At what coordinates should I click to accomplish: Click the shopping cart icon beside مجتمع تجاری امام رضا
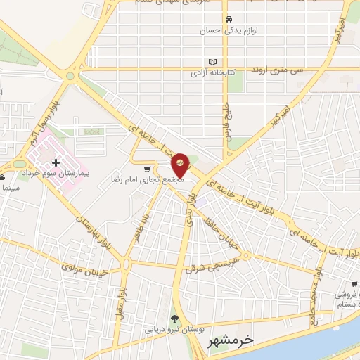[146, 169]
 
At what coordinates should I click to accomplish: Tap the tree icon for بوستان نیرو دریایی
[174, 319]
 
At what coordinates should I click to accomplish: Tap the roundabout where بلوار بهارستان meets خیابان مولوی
[126, 264]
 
